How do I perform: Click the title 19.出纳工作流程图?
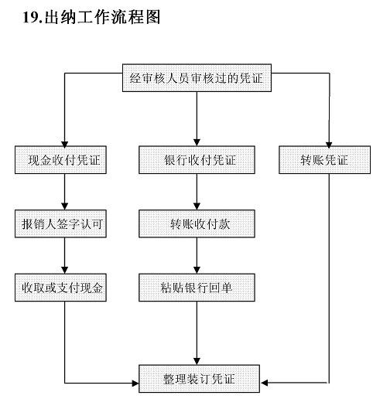point(94,17)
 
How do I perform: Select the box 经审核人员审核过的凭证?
point(197,77)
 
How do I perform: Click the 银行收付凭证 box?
point(198,160)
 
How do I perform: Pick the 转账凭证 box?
point(325,160)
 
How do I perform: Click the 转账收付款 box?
point(198,224)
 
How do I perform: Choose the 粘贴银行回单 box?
point(198,288)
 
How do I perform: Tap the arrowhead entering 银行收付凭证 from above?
point(198,141)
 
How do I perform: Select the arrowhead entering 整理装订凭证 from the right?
point(265,382)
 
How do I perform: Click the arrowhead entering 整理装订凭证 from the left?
point(134,382)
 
